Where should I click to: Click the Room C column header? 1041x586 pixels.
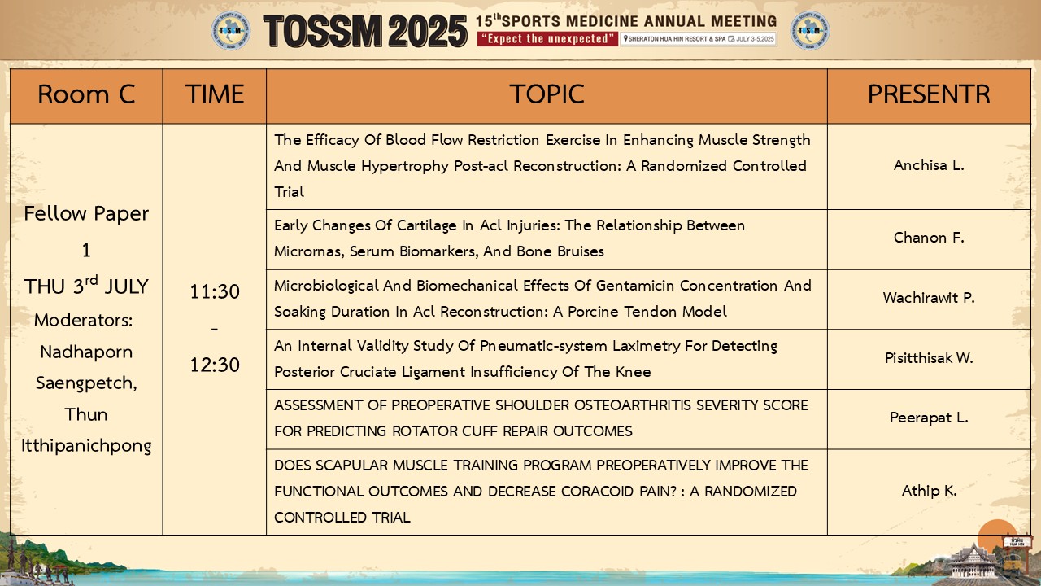click(x=86, y=94)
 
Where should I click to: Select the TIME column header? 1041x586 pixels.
click(x=214, y=94)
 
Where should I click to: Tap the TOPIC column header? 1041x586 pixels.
click(x=547, y=94)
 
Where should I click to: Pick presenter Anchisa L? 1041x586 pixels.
click(x=929, y=165)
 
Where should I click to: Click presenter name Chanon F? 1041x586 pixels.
click(x=929, y=238)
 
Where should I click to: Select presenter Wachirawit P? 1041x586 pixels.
click(x=929, y=298)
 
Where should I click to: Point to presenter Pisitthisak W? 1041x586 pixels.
click(x=929, y=357)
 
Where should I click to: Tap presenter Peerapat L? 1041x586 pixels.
click(x=929, y=418)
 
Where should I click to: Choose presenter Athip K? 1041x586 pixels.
click(x=929, y=491)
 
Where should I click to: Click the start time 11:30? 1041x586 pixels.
click(x=215, y=292)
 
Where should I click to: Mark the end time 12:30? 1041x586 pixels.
click(x=215, y=365)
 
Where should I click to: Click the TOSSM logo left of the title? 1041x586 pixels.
click(x=231, y=31)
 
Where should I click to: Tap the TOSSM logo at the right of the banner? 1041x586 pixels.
click(x=810, y=31)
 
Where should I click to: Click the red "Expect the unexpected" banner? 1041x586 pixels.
click(x=547, y=38)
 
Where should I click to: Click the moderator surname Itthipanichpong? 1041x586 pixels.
click(x=86, y=446)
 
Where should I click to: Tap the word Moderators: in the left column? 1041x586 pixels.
click(x=84, y=321)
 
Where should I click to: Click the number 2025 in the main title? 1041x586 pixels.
click(x=428, y=31)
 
